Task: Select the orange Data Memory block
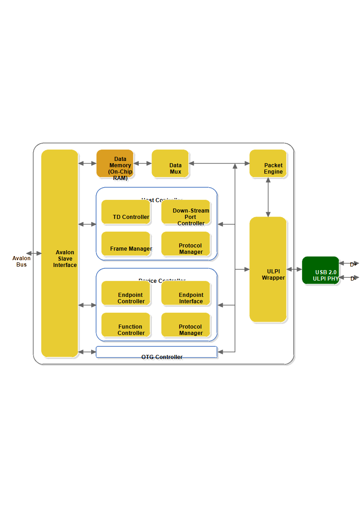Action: (x=115, y=163)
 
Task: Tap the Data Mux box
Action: (x=170, y=163)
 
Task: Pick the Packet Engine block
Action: (x=268, y=163)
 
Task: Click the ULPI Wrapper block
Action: (x=268, y=269)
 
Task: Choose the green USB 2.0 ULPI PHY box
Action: (x=321, y=270)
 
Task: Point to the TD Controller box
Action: (x=126, y=212)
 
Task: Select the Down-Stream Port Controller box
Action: (x=185, y=212)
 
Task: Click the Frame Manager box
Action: (x=126, y=244)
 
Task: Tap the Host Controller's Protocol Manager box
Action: (x=185, y=244)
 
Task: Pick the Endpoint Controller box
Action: (x=126, y=293)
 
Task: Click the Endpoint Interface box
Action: (x=185, y=293)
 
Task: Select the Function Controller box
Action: (x=126, y=325)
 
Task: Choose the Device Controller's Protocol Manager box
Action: (x=185, y=325)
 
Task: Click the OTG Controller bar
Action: (x=156, y=352)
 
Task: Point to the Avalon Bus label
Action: (x=21, y=262)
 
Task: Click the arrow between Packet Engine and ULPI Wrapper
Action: (x=268, y=197)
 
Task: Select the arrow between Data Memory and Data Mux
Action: (x=142, y=163)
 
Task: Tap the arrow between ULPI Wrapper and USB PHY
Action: (x=294, y=269)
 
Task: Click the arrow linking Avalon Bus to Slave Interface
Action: (x=34, y=253)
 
